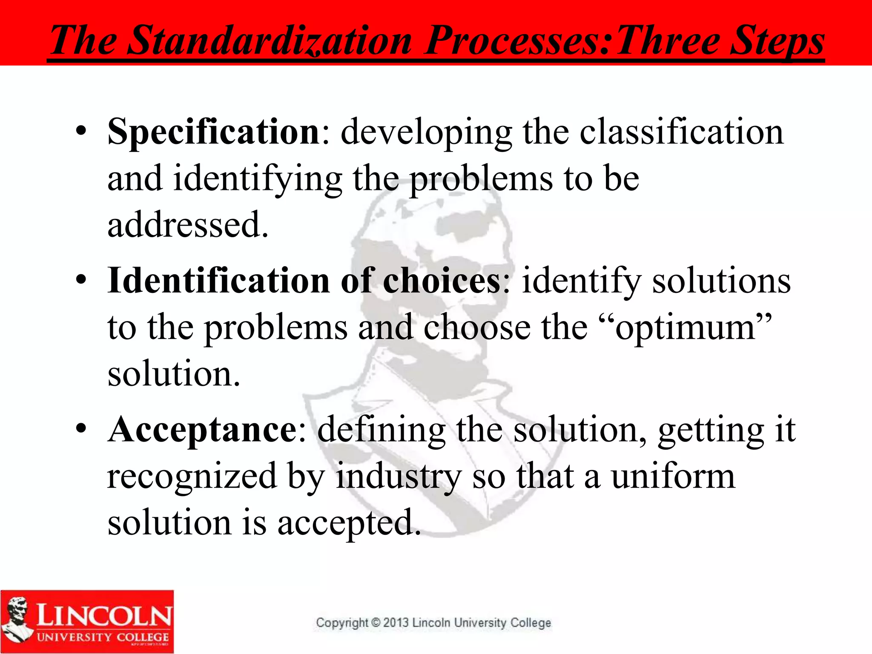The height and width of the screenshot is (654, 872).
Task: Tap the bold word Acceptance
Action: click(x=203, y=430)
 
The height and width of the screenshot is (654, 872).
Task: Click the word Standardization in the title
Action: click(x=270, y=40)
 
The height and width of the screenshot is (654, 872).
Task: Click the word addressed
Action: click(x=187, y=225)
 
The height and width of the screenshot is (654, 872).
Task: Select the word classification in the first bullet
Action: click(x=681, y=132)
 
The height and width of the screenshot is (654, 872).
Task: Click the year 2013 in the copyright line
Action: click(x=396, y=622)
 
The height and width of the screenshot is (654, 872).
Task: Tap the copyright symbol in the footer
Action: click(x=376, y=622)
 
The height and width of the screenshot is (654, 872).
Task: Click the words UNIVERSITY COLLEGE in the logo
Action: click(x=103, y=637)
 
